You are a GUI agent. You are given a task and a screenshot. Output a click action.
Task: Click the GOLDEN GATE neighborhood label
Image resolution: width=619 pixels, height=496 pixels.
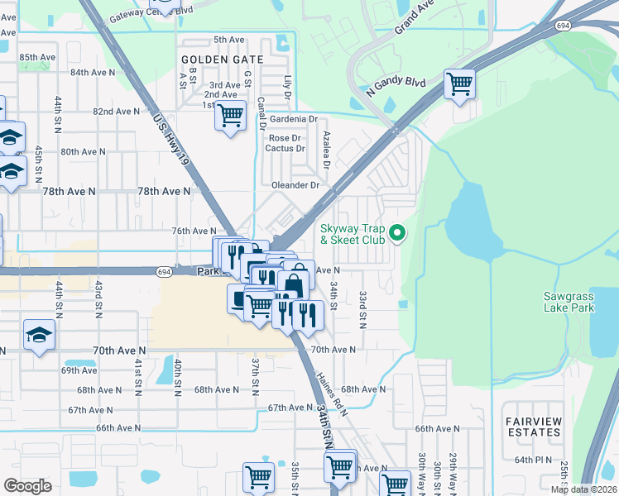[222, 60]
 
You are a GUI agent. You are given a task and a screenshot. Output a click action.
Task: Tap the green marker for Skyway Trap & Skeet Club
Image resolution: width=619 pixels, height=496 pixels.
[397, 234]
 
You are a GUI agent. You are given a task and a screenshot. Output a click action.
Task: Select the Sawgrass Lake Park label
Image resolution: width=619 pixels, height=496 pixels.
[569, 302]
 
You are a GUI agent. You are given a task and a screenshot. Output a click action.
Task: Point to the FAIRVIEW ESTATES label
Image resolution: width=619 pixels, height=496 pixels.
[533, 427]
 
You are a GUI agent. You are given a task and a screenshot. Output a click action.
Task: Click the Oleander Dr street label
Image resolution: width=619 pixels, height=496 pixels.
[291, 185]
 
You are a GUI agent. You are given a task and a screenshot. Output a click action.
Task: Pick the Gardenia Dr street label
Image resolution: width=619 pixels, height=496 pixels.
[293, 119]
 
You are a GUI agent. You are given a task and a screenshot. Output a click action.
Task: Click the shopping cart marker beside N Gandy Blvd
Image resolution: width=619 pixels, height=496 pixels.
[458, 83]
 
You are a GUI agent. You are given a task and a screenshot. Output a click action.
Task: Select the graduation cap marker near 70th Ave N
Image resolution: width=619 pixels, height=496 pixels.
[38, 335]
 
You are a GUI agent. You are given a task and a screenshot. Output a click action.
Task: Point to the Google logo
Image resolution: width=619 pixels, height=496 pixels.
[27, 486]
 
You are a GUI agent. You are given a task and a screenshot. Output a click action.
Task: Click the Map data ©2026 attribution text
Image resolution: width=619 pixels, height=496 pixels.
[583, 489]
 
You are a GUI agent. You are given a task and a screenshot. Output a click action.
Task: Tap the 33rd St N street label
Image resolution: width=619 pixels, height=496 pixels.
[362, 308]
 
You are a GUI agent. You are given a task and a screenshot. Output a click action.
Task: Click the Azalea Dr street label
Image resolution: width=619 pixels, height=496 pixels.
[327, 149]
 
